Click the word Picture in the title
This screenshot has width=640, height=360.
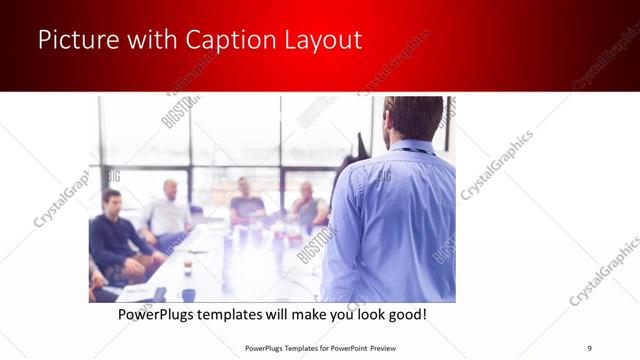[75, 40]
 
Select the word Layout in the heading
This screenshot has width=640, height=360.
[320, 40]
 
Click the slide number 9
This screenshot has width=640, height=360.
[589, 347]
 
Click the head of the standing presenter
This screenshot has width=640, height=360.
[411, 117]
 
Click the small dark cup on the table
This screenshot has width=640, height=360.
[188, 294]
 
